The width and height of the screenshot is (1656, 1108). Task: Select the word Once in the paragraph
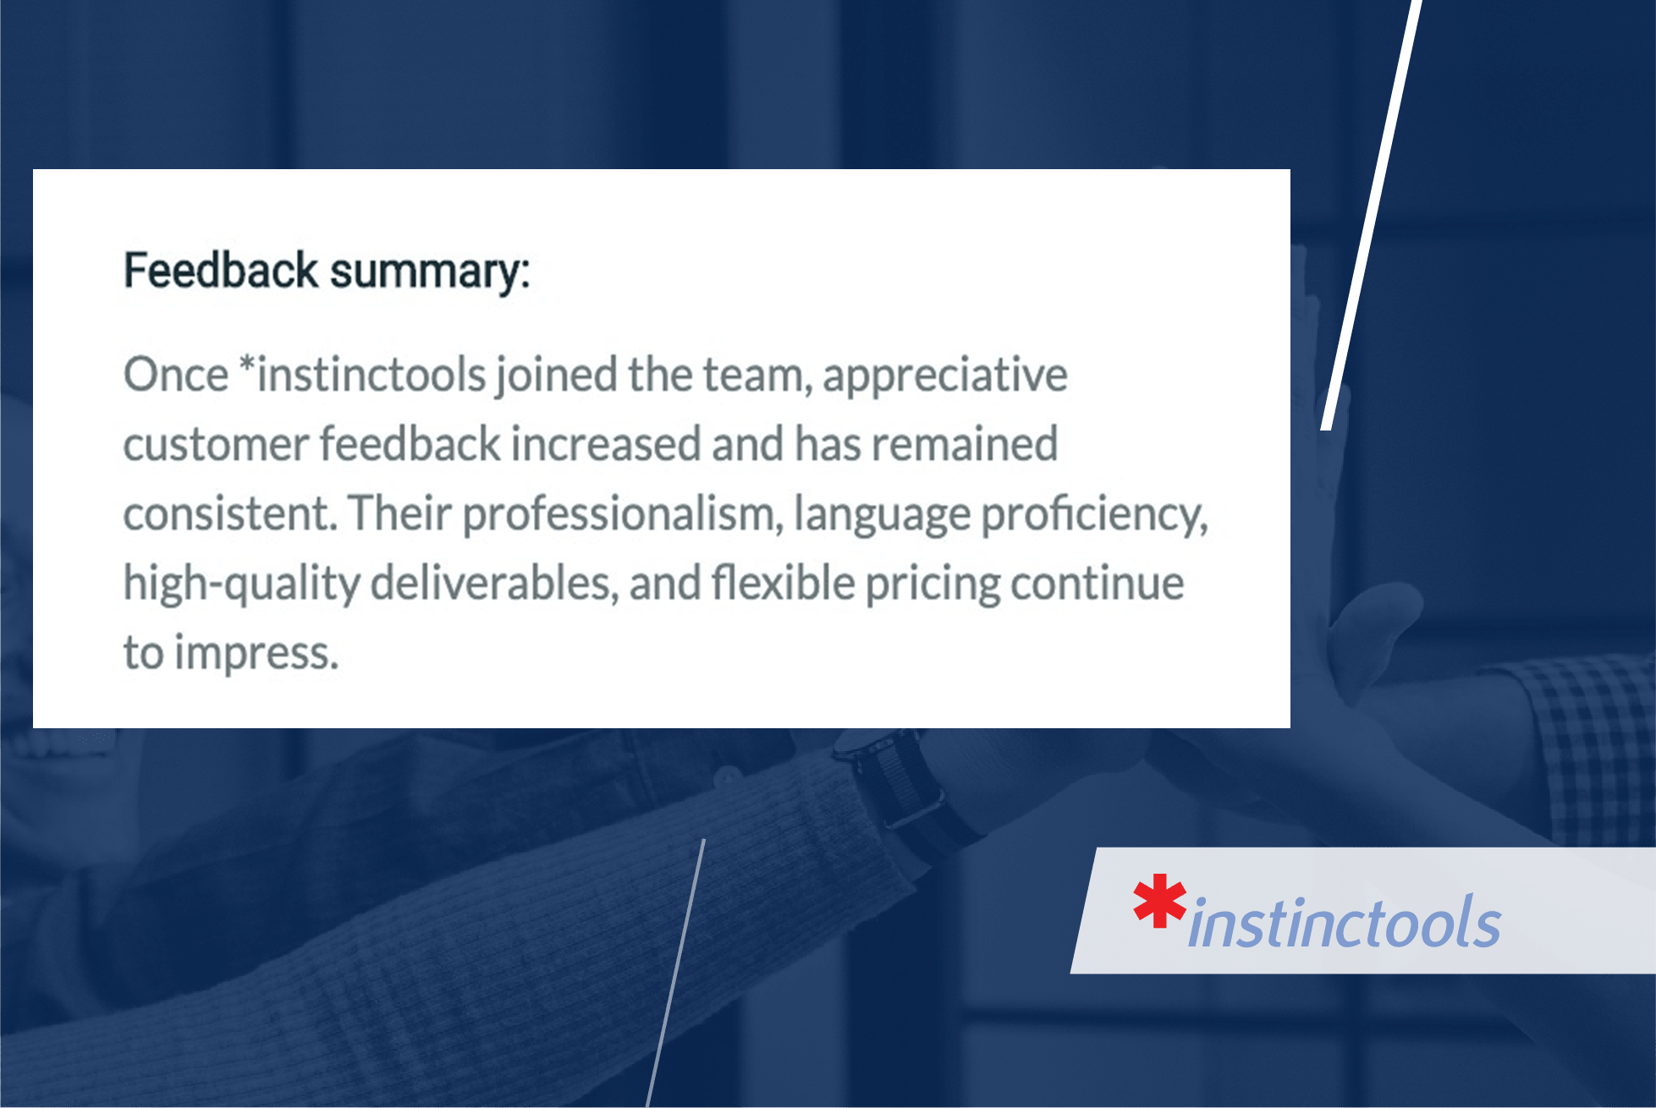tap(176, 375)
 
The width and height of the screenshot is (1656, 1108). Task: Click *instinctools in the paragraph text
tap(362, 375)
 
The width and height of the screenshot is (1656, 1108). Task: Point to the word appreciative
tap(945, 376)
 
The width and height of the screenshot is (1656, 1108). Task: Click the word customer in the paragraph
tap(216, 445)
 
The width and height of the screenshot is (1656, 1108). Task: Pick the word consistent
tap(228, 514)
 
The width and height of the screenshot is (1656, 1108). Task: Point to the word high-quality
tap(242, 584)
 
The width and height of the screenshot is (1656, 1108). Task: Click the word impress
tap(256, 654)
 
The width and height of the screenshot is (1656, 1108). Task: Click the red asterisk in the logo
tap(1159, 901)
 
